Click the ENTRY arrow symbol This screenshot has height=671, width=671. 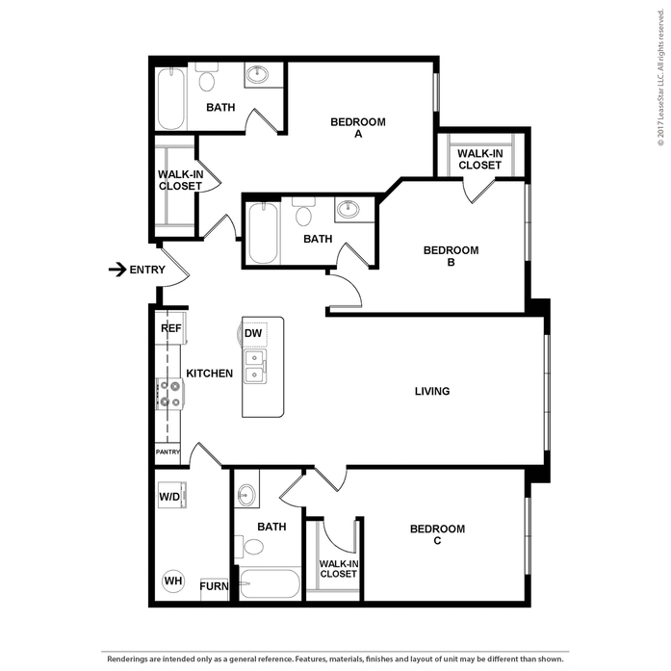point(117,270)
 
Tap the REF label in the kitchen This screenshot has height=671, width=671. point(171,328)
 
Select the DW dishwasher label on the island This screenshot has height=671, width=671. point(253,333)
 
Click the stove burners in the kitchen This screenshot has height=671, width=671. point(170,394)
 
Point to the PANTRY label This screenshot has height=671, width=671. point(168,452)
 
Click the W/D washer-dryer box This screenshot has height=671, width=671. point(172,495)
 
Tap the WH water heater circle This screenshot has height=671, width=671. point(173,581)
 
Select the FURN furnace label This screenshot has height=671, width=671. point(214,586)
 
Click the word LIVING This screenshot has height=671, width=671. point(432,391)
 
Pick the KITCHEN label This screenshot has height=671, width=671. point(210,374)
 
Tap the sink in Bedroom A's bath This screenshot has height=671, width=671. point(258,74)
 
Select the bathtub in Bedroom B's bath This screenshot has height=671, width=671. point(263,233)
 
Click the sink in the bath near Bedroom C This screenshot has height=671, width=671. point(246,495)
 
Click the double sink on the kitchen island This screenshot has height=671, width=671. point(254,367)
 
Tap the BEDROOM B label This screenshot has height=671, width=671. point(452,256)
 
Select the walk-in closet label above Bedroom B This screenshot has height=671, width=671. point(479,159)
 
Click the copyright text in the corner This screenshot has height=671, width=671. point(661,77)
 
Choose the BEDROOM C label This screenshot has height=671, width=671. point(437,534)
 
